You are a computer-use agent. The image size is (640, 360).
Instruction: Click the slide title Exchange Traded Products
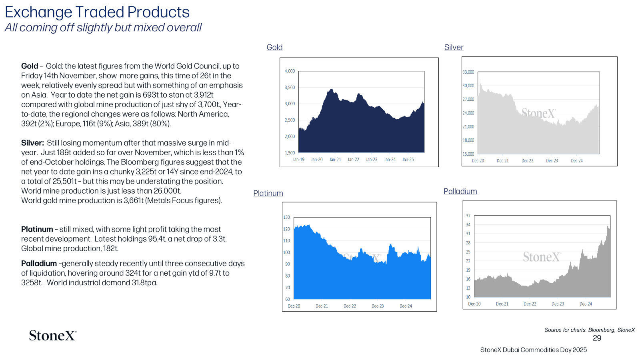point(97,12)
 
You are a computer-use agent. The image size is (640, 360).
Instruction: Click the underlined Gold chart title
point(274,47)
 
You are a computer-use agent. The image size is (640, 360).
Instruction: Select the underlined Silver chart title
point(454,47)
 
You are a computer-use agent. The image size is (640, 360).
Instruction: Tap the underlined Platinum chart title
point(268,193)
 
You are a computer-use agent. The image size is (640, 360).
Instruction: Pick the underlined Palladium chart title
point(460,191)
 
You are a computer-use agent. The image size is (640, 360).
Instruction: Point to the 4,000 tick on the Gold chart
point(290,71)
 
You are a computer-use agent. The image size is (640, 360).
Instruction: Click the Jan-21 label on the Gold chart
point(335,160)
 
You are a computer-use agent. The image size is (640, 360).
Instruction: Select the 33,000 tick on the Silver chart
point(468,72)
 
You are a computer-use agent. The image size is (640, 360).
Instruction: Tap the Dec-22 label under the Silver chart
point(528,160)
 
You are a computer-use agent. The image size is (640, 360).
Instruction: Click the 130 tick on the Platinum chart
point(286,217)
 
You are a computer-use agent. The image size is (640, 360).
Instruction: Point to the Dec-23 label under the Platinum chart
point(378,306)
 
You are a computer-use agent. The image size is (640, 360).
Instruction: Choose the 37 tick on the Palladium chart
point(468,216)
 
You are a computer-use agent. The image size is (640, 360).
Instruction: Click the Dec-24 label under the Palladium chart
point(586,304)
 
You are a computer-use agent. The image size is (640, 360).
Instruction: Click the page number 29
point(597,338)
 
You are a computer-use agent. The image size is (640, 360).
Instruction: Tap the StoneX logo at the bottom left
point(53,336)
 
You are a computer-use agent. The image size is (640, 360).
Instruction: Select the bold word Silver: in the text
point(32,143)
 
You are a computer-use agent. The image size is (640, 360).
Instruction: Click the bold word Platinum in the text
point(37,229)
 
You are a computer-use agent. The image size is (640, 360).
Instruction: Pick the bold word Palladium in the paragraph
point(39,264)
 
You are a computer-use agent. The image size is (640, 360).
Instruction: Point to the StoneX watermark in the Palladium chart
point(542,257)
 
